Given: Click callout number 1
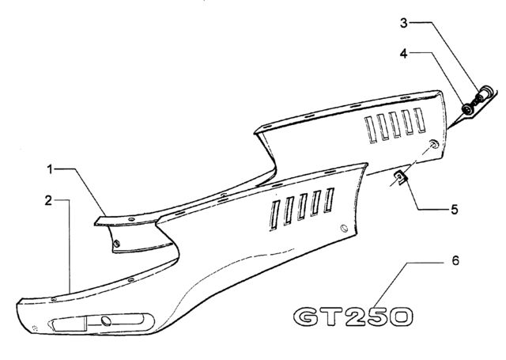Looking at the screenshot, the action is (50, 169).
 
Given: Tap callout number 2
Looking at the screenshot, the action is (48, 200).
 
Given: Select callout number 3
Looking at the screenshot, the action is (404, 23).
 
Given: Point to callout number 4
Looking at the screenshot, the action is (404, 54).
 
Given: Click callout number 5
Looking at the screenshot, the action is (455, 210).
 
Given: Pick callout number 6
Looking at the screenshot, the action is (455, 260).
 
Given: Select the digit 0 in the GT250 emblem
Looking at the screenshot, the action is (401, 316).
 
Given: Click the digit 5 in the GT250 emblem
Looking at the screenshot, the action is (378, 316).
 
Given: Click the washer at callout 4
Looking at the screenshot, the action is (466, 109).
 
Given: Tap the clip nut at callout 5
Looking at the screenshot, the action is (401, 178).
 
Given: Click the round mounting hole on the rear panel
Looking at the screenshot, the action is (434, 144).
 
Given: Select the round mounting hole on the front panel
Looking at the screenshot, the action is (344, 229).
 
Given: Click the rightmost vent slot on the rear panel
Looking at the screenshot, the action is (420, 120).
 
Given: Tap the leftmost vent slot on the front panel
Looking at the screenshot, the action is (274, 215).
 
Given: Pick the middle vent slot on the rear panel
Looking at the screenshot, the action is (395, 125).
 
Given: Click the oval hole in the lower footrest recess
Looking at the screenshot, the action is (106, 321).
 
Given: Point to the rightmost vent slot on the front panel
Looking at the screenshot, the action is (329, 200).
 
